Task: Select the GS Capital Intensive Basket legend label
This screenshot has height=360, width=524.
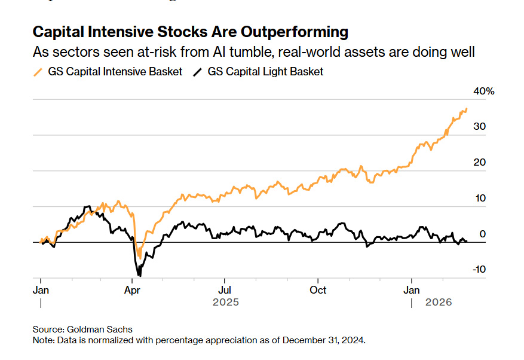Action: pyautogui.click(x=115, y=72)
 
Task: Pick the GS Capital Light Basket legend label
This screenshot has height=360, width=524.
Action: pyautogui.click(x=265, y=72)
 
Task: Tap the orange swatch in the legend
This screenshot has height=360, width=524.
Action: pyautogui.click(x=38, y=72)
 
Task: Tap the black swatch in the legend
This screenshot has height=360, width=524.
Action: pyautogui.click(x=197, y=72)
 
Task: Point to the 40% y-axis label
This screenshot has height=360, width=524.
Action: pyautogui.click(x=484, y=91)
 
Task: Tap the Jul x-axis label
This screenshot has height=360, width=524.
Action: pyautogui.click(x=225, y=290)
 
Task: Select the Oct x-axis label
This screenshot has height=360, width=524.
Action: pyautogui.click(x=318, y=290)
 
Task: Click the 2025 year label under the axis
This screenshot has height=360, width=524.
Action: pyautogui.click(x=225, y=303)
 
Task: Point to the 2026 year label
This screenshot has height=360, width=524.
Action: pyautogui.click(x=439, y=303)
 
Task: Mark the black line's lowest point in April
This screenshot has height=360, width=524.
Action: pyautogui.click(x=140, y=276)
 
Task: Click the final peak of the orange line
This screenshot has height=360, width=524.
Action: pyautogui.click(x=466, y=109)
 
